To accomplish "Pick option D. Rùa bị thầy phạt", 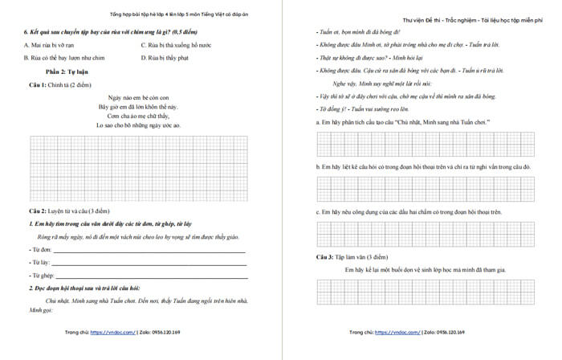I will click(165, 58).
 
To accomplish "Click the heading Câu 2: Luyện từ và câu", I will click(69, 211).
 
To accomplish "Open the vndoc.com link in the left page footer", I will click(112, 331).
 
